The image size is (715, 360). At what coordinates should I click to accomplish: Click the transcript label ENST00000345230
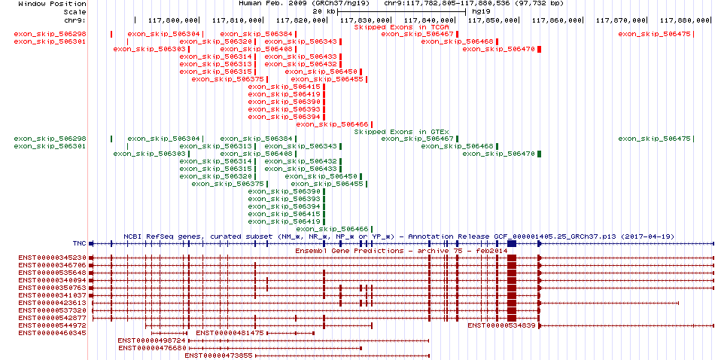coord(53,258)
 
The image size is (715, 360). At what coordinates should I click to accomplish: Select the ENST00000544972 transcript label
coord(53,325)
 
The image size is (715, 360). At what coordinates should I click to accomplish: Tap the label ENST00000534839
coord(501,325)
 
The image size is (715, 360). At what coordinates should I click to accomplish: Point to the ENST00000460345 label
coord(53,333)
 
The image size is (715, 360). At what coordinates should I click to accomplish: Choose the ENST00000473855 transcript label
coord(218,355)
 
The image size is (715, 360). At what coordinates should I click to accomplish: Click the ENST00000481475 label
coord(230,333)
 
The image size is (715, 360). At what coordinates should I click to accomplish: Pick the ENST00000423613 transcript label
coord(53,303)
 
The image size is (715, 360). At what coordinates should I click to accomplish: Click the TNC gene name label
coord(79,244)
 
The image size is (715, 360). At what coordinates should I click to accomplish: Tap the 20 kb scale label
coord(324,11)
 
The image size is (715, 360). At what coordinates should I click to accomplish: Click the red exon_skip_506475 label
coord(654,34)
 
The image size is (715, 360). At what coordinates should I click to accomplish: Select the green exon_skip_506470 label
coord(499,154)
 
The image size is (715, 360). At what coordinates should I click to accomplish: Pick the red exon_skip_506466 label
coord(333,124)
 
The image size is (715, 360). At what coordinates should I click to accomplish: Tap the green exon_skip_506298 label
coord(50,139)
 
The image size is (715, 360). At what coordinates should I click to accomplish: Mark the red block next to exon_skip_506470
coord(540,49)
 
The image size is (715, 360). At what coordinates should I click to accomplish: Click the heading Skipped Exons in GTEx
coord(402,132)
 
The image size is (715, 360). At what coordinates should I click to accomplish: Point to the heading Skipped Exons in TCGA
coord(402,27)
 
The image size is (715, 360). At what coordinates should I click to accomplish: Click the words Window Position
coord(52,4)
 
